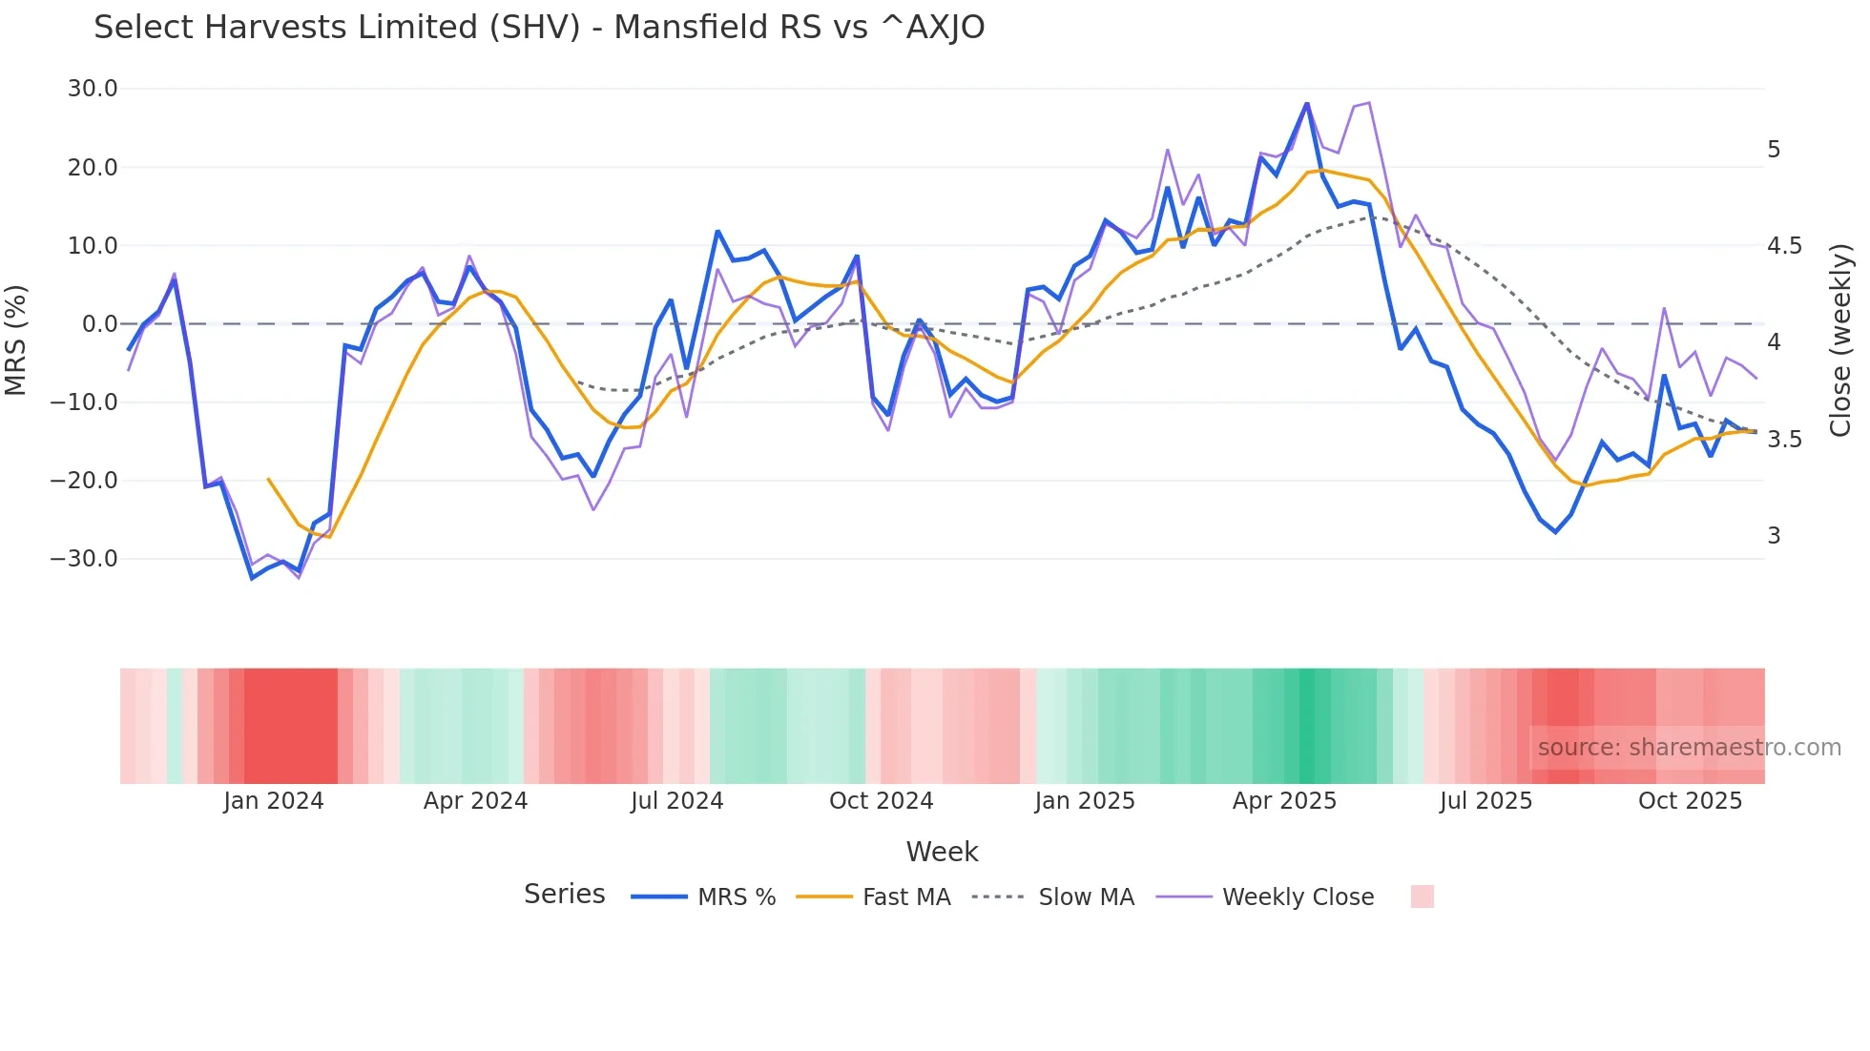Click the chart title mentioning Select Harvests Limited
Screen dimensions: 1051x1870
click(539, 28)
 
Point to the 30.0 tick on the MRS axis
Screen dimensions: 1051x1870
click(93, 89)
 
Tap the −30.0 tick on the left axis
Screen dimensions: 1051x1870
click(85, 559)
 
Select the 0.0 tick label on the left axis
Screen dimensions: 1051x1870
click(99, 324)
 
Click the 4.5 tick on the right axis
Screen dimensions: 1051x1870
click(1785, 246)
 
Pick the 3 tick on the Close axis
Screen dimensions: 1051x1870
click(1775, 536)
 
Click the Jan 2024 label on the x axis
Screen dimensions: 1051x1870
click(274, 801)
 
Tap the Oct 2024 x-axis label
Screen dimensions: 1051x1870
click(881, 801)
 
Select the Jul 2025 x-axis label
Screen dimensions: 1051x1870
click(1486, 801)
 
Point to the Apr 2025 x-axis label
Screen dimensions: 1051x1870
click(1284, 801)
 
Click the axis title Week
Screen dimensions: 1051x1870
click(942, 852)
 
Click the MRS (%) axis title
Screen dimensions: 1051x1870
click(16, 340)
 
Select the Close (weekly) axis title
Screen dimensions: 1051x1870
click(1841, 340)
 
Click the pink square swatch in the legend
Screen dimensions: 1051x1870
click(1422, 896)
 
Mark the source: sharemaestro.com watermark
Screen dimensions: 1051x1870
click(1689, 748)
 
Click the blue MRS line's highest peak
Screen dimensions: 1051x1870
click(1307, 104)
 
